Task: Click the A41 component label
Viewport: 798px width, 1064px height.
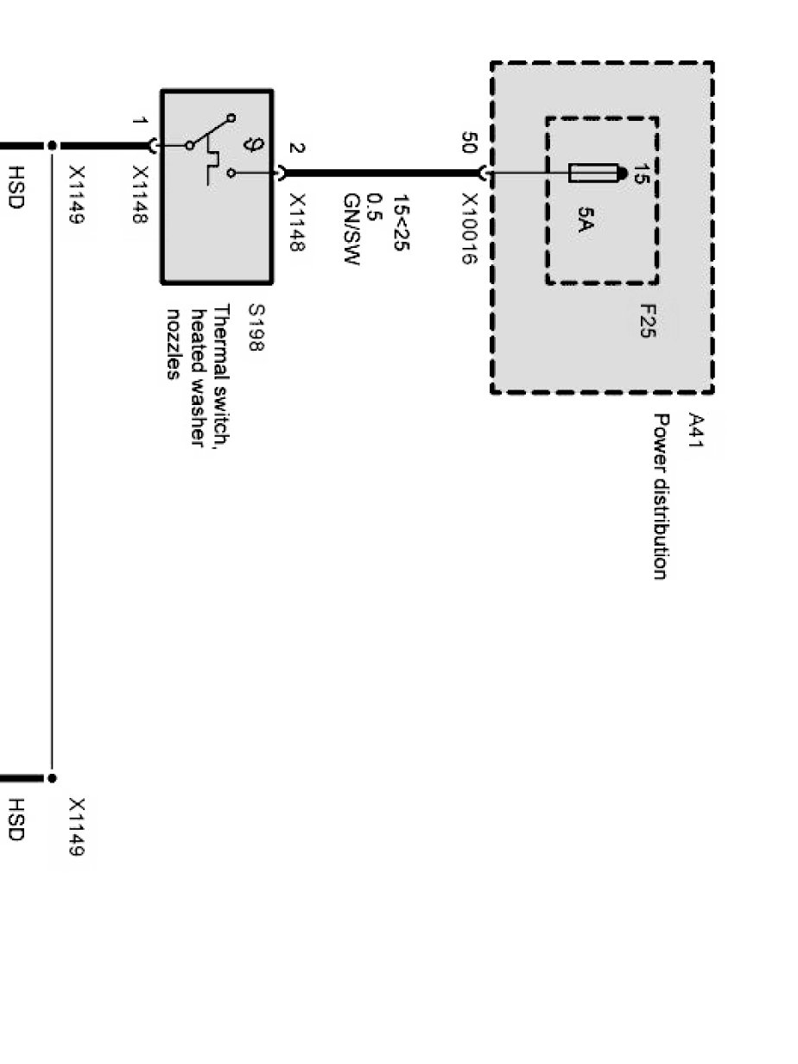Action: pyautogui.click(x=695, y=430)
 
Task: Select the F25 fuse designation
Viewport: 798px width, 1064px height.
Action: pyautogui.click(x=648, y=321)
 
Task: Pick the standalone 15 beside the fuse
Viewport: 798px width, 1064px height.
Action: pyautogui.click(x=641, y=174)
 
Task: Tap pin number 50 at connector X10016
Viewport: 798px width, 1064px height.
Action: pyautogui.click(x=469, y=142)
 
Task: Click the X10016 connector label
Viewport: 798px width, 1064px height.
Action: pyautogui.click(x=469, y=229)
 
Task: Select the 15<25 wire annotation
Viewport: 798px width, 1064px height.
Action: pyautogui.click(x=402, y=223)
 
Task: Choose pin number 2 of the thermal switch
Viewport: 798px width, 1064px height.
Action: pyautogui.click(x=296, y=148)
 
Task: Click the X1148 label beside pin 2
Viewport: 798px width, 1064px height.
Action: pyautogui.click(x=296, y=223)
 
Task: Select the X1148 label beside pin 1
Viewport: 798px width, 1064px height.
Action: pyautogui.click(x=140, y=194)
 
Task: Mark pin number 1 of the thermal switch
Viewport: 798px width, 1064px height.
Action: pyautogui.click(x=140, y=120)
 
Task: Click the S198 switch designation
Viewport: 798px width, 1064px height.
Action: pyautogui.click(x=256, y=327)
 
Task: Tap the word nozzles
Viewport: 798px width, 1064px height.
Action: pyautogui.click(x=173, y=345)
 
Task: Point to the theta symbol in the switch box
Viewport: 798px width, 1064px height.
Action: pyautogui.click(x=251, y=144)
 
